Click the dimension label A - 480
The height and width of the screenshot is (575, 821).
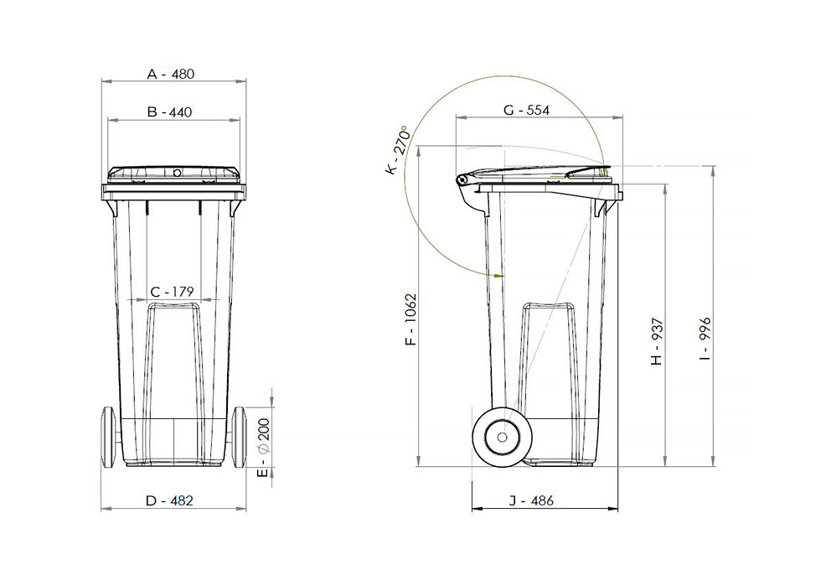point(171,74)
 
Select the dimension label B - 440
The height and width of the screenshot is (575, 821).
point(171,111)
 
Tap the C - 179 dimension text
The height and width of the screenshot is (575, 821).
point(172,292)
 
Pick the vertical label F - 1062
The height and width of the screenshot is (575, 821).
point(410,320)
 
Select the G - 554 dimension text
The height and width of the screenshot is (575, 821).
point(527,111)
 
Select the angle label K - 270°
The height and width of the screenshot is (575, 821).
point(396,151)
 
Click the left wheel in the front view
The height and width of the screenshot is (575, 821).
point(108,436)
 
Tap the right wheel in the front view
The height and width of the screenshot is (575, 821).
point(240,436)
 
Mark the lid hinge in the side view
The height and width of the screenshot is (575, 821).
point(462,181)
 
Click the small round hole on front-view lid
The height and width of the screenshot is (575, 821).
point(177,173)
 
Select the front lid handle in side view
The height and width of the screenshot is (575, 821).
point(589,173)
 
